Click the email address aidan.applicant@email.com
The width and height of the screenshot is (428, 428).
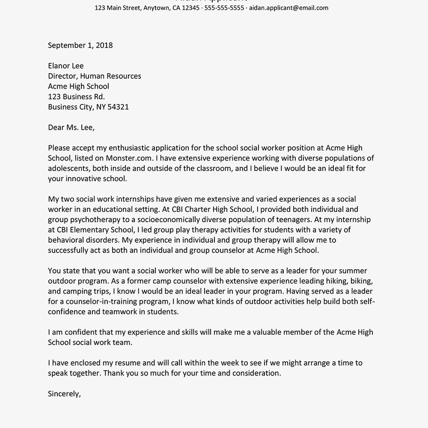point(288,8)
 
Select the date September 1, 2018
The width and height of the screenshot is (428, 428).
point(80,45)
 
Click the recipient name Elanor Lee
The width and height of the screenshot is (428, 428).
point(66,66)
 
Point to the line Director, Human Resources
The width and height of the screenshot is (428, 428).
point(95,76)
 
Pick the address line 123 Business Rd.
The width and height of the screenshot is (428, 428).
point(76,97)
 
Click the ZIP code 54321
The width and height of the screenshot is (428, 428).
point(118,107)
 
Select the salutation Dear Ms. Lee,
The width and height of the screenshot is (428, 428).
point(71,128)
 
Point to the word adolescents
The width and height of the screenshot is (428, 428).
point(68,169)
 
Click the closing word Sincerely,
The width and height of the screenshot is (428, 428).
point(64,394)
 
